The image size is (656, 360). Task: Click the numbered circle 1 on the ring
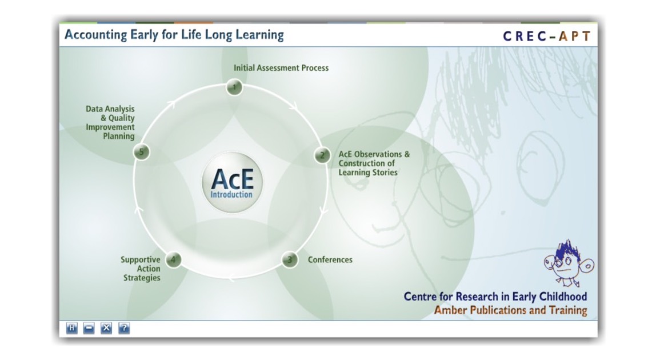click(234, 87)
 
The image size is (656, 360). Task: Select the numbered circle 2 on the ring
click(322, 155)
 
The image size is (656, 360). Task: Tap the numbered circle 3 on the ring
click(290, 259)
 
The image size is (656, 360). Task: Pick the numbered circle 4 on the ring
click(173, 259)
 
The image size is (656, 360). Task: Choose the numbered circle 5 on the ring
click(141, 152)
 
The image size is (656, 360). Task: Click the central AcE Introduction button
click(232, 182)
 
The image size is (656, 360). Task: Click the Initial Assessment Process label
click(281, 68)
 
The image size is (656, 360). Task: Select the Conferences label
click(330, 259)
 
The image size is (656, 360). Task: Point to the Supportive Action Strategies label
click(141, 269)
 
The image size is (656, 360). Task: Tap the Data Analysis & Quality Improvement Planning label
click(110, 122)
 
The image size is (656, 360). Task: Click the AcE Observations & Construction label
click(374, 163)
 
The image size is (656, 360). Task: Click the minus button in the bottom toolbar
click(89, 328)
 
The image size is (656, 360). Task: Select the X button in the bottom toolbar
click(106, 328)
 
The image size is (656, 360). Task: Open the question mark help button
click(124, 328)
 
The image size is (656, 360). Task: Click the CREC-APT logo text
click(547, 37)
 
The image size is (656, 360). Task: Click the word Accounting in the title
click(96, 35)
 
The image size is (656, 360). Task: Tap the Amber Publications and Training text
click(510, 310)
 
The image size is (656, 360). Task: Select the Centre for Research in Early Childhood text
click(495, 297)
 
